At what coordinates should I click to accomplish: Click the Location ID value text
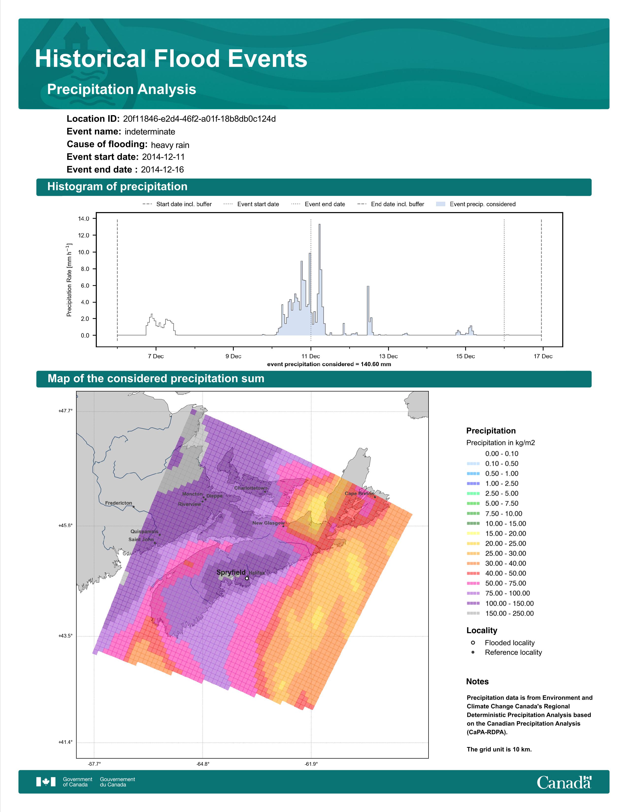pos(199,119)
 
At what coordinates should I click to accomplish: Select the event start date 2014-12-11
pos(163,157)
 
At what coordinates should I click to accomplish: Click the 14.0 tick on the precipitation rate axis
pos(84,219)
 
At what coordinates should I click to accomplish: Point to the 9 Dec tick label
pos(233,356)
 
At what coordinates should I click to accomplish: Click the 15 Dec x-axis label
pos(465,356)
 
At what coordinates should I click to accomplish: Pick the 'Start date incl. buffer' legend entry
pos(177,204)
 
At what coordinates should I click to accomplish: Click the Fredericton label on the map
pos(119,503)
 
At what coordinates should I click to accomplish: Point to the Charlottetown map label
pos(251,488)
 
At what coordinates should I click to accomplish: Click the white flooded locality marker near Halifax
pos(247,578)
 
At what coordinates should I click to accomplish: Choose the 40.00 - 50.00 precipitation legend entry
pos(501,573)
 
